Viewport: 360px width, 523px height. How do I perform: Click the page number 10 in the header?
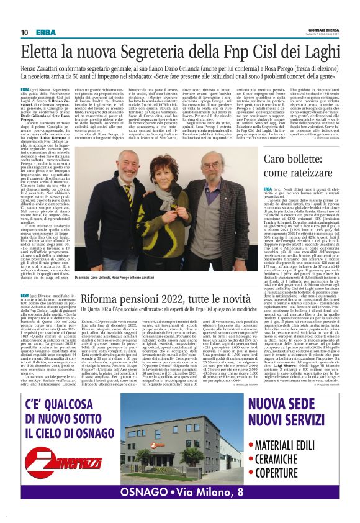point(24,32)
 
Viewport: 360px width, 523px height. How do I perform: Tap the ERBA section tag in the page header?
point(45,32)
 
